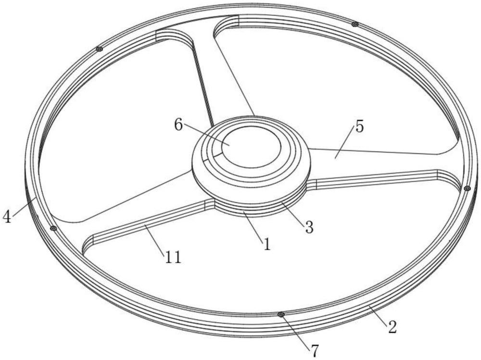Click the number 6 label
coord(178,124)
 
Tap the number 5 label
coord(360,126)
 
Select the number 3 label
coord(309,227)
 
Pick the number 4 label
coord(7,217)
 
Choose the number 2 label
coord(392,327)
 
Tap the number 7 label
coord(315,350)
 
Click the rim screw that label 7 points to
coord(281,315)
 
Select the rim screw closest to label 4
coord(54,228)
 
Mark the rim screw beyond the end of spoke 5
coord(467,188)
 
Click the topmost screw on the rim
coord(355,24)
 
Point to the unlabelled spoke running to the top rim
coord(215,71)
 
